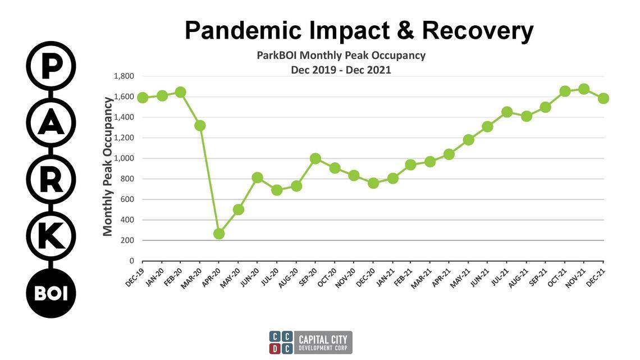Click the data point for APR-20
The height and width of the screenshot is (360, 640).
tap(219, 234)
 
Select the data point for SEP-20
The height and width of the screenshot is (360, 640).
tap(316, 159)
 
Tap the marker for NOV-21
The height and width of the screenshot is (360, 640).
tap(584, 89)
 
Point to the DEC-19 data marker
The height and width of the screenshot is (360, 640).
tap(143, 98)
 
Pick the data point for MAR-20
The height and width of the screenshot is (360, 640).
tap(200, 125)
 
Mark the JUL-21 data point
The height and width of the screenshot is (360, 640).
tap(507, 112)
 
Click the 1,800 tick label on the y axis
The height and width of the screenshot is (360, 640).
tap(124, 76)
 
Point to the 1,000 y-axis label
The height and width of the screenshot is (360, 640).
tap(124, 158)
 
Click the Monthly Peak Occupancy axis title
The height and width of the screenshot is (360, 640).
tap(108, 166)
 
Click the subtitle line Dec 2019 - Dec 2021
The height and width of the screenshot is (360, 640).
tap(341, 70)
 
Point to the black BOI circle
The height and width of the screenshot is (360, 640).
tap(51, 293)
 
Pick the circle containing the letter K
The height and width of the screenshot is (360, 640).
tap(51, 236)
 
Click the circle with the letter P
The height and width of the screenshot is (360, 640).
tap(51, 66)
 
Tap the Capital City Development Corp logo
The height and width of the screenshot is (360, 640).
tap(310, 342)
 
